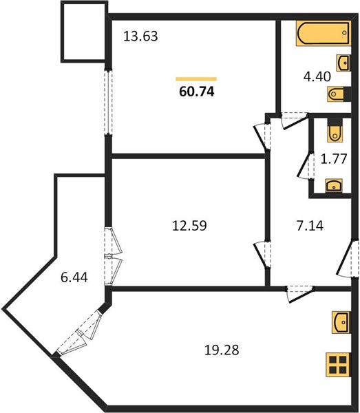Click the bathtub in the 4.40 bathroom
click(324, 33)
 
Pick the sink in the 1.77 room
click(334, 185)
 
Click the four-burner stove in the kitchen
click(338, 365)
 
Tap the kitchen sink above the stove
click(341, 322)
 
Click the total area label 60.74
click(197, 92)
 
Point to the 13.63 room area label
click(140, 36)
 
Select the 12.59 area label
click(189, 226)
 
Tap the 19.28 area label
click(222, 350)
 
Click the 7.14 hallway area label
click(310, 226)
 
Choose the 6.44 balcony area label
click(74, 277)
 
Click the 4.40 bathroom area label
click(317, 76)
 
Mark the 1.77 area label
click(334, 159)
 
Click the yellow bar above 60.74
click(196, 78)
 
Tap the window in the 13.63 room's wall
click(108, 102)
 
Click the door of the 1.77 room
click(305, 165)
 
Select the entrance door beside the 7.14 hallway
click(348, 257)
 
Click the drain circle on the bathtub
click(344, 33)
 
